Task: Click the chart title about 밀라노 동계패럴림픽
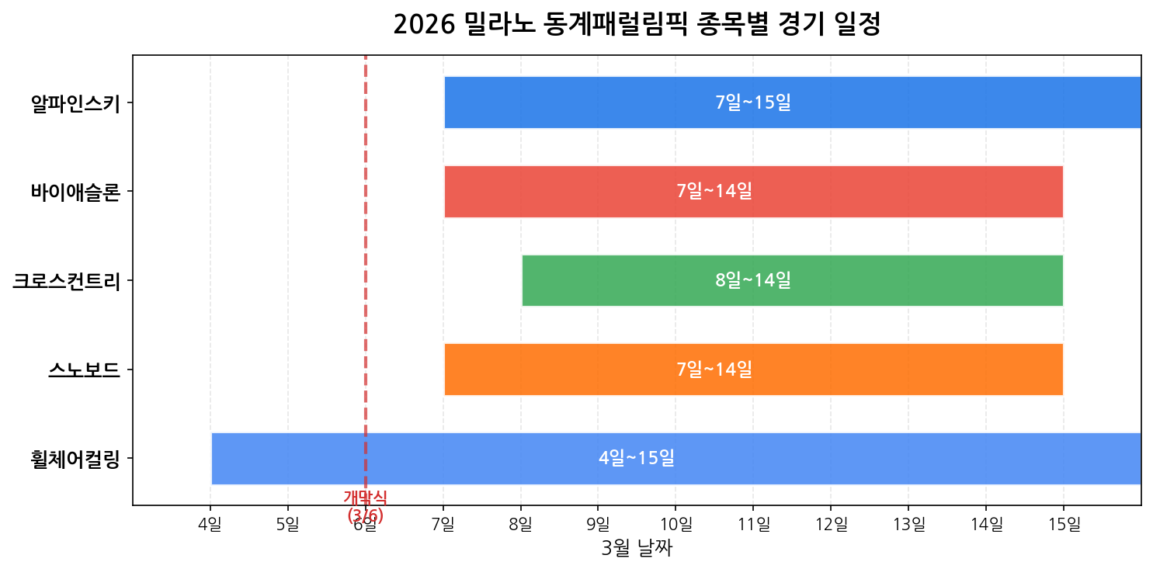[x=636, y=25]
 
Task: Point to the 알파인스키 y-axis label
[x=75, y=103]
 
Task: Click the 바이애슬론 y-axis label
[x=75, y=192]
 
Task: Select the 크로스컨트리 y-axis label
[x=66, y=280]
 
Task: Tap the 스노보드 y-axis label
[x=84, y=370]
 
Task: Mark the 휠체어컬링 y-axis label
[x=75, y=458]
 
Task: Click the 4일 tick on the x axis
[x=210, y=526]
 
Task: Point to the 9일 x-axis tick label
[x=598, y=526]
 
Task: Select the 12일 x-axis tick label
[x=831, y=526]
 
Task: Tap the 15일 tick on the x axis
[x=1064, y=526]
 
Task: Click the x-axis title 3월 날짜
[x=637, y=549]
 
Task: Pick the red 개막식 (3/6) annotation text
[x=365, y=506]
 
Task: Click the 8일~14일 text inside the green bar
[x=753, y=280]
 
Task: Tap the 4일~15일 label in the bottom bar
[x=637, y=458]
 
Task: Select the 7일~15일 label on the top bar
[x=753, y=102]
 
